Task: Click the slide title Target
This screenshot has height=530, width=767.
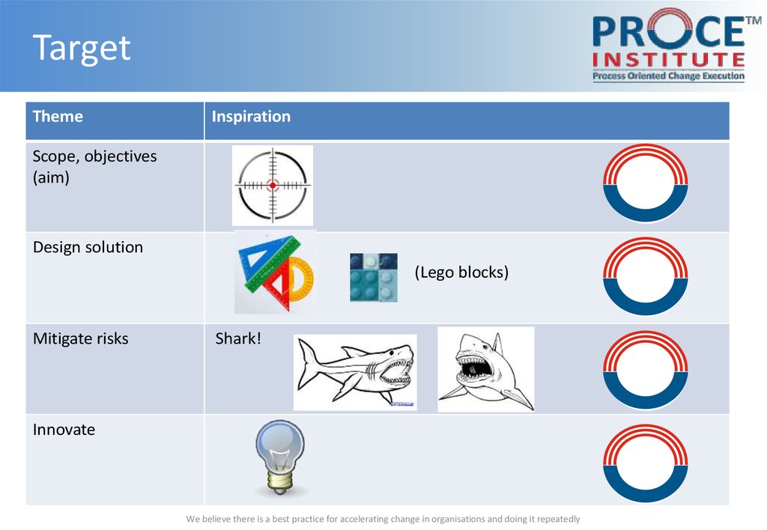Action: click(82, 48)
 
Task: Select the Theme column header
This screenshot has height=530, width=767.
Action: click(58, 116)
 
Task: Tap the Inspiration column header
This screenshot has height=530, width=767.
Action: click(251, 116)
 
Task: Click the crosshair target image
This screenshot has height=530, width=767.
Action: click(273, 186)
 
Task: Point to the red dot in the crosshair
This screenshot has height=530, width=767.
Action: click(273, 186)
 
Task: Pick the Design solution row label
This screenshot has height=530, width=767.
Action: click(88, 247)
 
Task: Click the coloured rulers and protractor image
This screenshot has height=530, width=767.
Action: click(276, 272)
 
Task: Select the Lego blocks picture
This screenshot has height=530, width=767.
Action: click(374, 277)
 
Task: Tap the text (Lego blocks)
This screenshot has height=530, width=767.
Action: click(461, 272)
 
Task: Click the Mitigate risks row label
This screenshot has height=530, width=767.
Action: click(81, 338)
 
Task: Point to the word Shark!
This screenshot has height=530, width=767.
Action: click(238, 338)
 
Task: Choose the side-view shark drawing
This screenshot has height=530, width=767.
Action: click(355, 373)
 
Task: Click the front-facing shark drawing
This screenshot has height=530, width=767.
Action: click(485, 370)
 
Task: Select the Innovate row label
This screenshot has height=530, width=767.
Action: click(64, 430)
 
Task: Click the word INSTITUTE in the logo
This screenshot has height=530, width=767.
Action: click(669, 60)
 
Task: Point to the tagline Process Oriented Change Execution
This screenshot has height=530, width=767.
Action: click(669, 76)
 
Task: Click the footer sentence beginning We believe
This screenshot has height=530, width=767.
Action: click(383, 519)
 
